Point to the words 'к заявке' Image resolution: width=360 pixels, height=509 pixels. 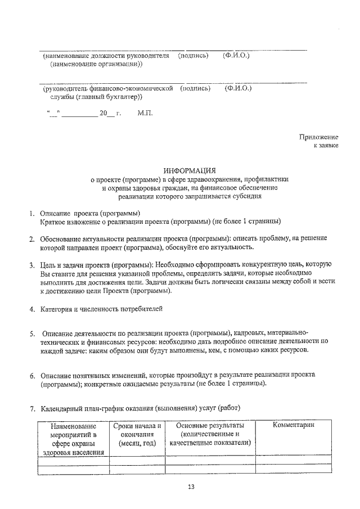(325, 146)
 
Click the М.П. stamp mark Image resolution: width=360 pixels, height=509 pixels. (145, 113)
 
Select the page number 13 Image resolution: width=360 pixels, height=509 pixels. (191, 487)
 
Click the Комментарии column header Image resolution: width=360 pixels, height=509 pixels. (293, 425)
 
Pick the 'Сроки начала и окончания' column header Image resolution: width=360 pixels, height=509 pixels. (137, 435)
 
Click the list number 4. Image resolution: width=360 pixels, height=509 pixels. (33, 309)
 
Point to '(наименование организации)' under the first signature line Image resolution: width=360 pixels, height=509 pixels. (96, 64)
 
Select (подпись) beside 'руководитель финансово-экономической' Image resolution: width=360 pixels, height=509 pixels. (195, 88)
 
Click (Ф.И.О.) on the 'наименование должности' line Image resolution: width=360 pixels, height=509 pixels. (236, 56)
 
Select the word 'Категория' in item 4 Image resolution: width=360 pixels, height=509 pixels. (57, 309)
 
